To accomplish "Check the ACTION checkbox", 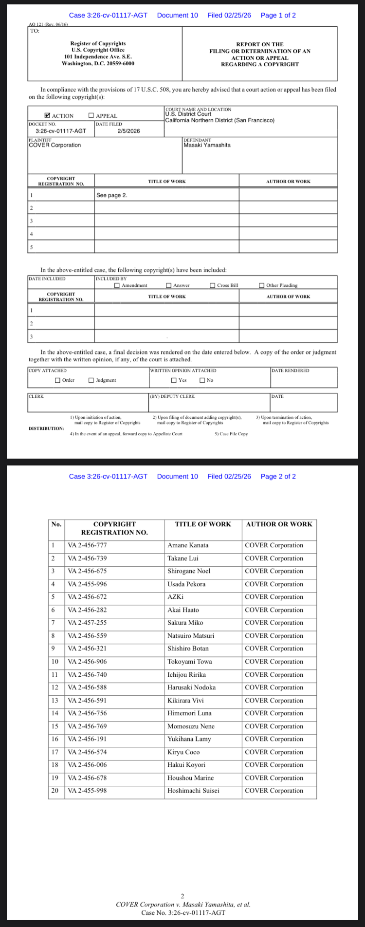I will click(x=47, y=116).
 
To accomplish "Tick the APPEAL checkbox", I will click(x=91, y=116).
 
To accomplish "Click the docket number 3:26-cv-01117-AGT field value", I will click(x=61, y=131).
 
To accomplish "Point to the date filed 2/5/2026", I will click(x=128, y=131).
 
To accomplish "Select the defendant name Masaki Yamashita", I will click(x=207, y=145).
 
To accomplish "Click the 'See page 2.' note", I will click(x=111, y=195).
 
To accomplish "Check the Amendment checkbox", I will click(x=117, y=285).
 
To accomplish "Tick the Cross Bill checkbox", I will click(x=213, y=285).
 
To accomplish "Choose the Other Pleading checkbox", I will click(x=262, y=285).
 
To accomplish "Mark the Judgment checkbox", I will click(x=91, y=380).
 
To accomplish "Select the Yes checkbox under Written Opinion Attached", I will click(x=174, y=380).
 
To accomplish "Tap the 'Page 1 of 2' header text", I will click(x=278, y=15).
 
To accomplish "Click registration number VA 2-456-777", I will click(x=87, y=545).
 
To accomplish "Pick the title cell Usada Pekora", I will click(x=186, y=584).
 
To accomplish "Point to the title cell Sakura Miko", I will click(x=185, y=623).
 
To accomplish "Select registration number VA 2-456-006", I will click(x=87, y=765).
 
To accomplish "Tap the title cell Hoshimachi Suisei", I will click(x=193, y=791).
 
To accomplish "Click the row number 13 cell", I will click(x=55, y=701).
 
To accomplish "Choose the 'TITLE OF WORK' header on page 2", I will click(x=203, y=524).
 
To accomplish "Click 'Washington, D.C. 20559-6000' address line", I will click(x=98, y=63).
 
